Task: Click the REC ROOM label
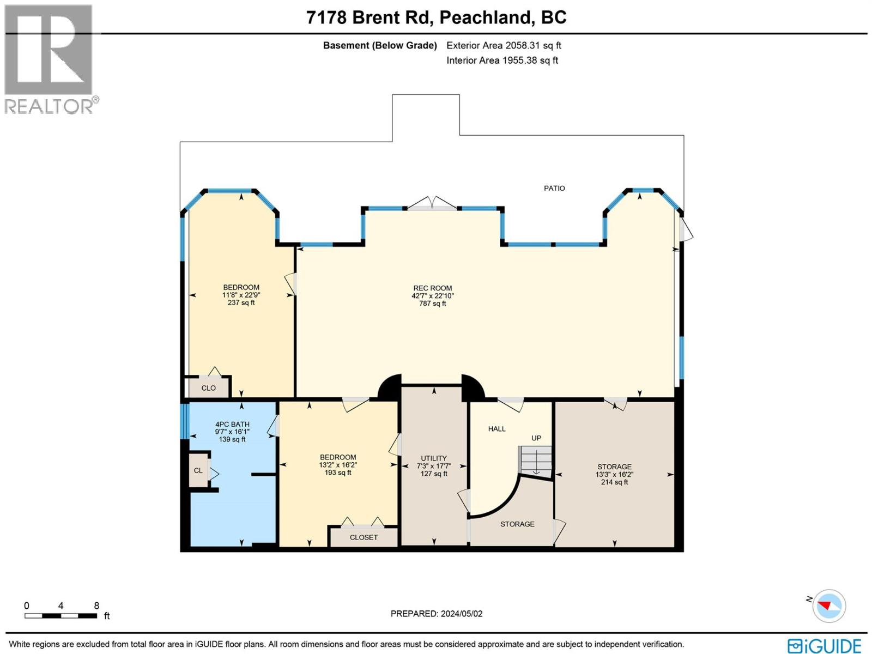tap(432, 288)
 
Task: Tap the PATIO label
tap(554, 188)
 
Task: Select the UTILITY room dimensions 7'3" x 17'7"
tap(434, 466)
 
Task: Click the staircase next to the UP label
tap(535, 461)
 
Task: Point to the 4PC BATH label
tap(232, 424)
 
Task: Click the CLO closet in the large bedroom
tap(209, 388)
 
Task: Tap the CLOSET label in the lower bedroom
tap(364, 537)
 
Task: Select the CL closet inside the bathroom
tap(198, 470)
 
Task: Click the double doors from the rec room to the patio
tap(432, 204)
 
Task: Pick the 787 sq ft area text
tap(432, 304)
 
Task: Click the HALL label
tap(496, 429)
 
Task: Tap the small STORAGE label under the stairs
tap(517, 524)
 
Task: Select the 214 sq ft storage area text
tap(614, 482)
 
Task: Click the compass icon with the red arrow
tap(829, 605)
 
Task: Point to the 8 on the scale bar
tap(96, 605)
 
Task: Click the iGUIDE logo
tap(825, 646)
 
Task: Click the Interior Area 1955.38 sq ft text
tap(502, 60)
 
